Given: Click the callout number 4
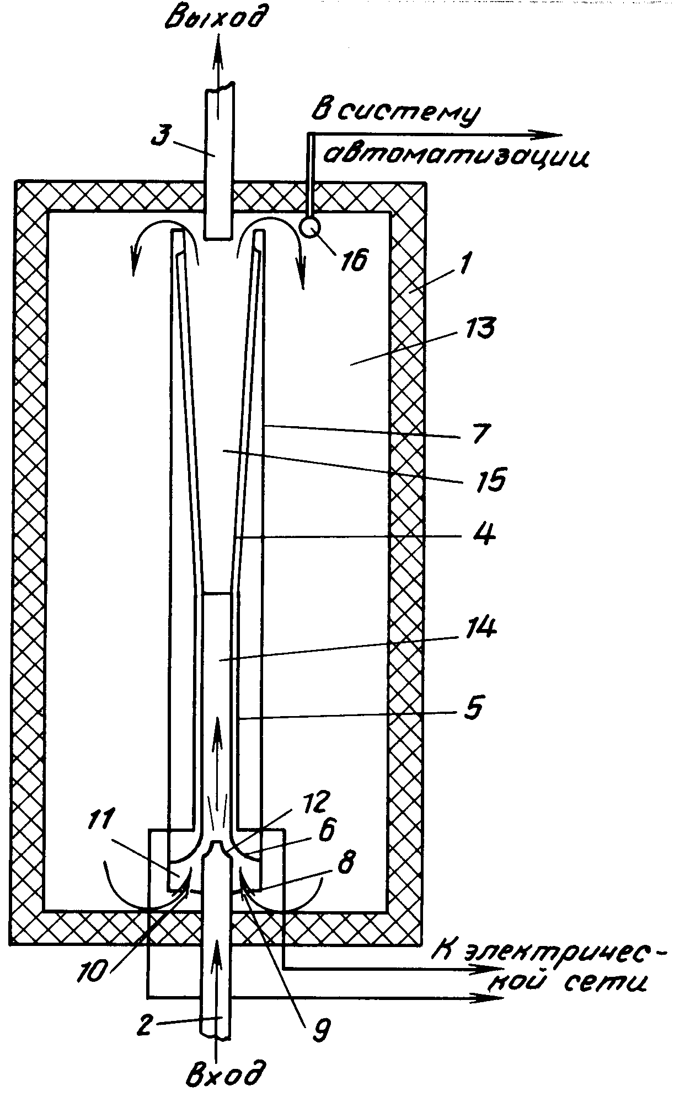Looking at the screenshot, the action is pos(484,534).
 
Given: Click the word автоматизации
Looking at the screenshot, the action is pos(457,157).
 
